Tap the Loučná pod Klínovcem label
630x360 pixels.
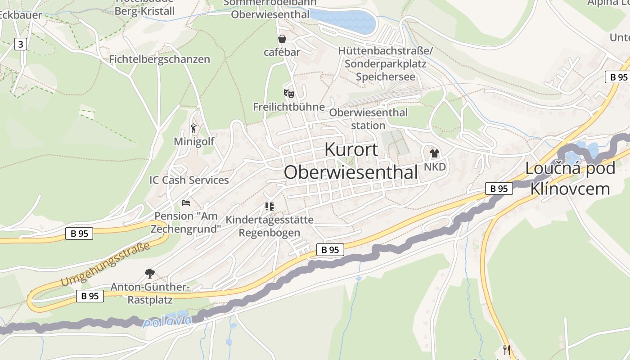coord(570,179)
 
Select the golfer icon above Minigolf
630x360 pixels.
coord(194,129)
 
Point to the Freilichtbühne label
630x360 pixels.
coord(288,107)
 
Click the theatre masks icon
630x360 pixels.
coord(288,94)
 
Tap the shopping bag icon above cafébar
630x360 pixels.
coord(282,39)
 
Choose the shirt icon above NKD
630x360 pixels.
coord(434,153)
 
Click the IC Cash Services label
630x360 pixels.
coord(189,180)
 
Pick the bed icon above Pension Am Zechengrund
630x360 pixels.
coord(186,203)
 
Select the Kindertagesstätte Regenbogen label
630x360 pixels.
coord(269,226)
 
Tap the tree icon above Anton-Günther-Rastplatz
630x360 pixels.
coord(149,273)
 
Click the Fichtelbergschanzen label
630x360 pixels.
coord(159,59)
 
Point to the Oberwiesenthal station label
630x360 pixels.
coord(368,119)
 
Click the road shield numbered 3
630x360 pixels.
coord(20,44)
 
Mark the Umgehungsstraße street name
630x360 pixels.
coord(105,264)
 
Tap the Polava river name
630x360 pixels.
coord(166,322)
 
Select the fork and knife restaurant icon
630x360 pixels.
coord(507,350)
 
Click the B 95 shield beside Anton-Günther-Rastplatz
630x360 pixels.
coord(90,296)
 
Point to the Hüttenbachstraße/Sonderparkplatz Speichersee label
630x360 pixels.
coord(385,64)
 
